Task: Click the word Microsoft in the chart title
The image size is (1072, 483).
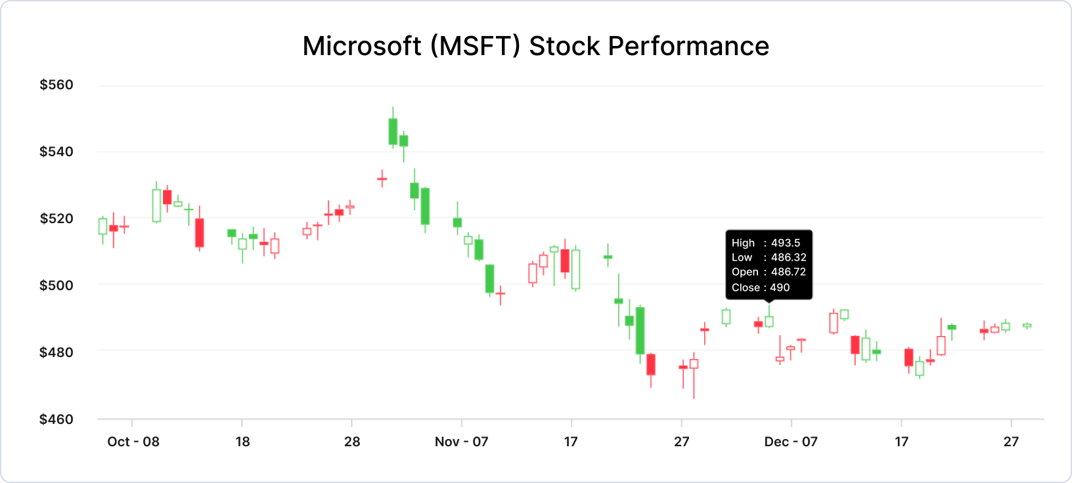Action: click(x=361, y=47)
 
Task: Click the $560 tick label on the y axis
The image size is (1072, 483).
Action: click(x=56, y=85)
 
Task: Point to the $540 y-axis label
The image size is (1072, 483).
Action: click(x=56, y=152)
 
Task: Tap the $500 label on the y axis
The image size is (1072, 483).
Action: click(x=56, y=285)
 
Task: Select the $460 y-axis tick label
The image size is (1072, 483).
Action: click(x=56, y=419)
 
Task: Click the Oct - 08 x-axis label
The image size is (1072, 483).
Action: click(x=133, y=442)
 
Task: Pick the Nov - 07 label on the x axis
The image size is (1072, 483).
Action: click(x=462, y=442)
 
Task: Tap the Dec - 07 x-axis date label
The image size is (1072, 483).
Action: click(x=791, y=442)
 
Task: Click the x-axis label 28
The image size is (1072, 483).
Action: click(x=352, y=442)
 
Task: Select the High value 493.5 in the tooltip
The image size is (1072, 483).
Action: click(x=786, y=243)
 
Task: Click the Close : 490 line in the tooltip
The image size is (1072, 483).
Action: click(x=761, y=287)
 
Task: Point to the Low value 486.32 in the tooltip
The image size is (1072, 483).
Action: click(x=788, y=257)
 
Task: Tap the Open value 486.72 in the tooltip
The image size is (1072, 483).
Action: click(x=788, y=272)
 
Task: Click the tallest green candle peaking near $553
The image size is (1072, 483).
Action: click(x=393, y=131)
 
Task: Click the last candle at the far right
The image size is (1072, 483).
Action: click(x=1027, y=325)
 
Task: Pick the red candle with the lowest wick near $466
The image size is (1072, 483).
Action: click(x=694, y=364)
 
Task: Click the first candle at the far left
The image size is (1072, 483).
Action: click(x=102, y=226)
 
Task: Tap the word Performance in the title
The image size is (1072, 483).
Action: click(x=688, y=47)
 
